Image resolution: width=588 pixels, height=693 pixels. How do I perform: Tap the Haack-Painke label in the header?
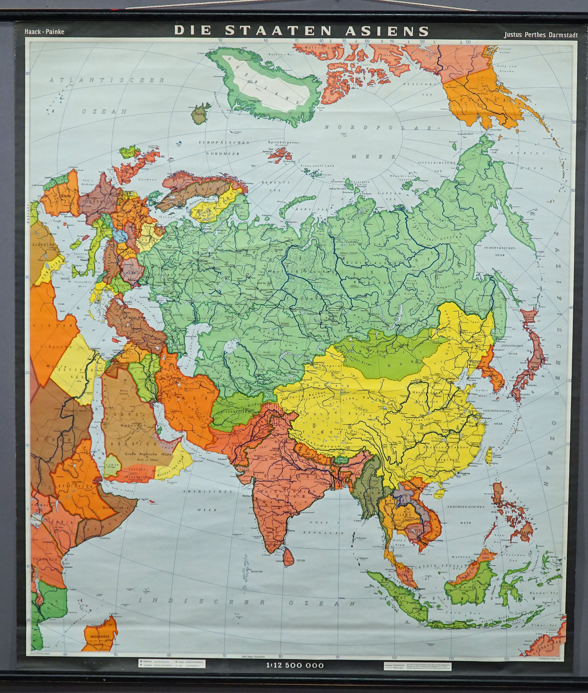click(44, 32)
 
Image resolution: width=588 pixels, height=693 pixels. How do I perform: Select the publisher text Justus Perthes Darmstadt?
click(545, 35)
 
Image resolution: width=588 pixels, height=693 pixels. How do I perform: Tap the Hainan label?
click(438, 495)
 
